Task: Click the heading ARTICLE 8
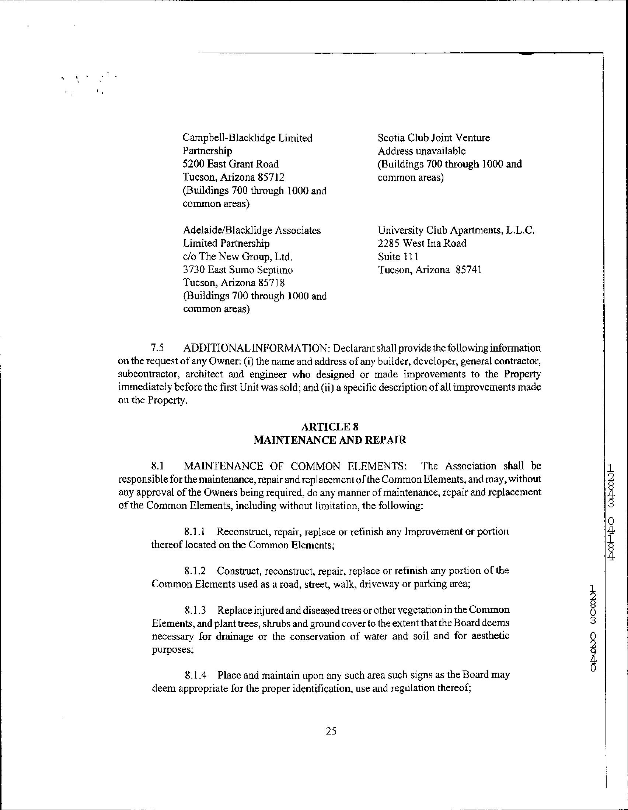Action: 329,426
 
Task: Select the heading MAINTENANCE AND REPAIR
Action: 329,440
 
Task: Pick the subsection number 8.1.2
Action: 195,570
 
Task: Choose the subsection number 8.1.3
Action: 195,610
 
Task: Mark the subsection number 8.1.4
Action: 195,675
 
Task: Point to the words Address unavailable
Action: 421,151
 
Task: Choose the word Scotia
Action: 390,138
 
